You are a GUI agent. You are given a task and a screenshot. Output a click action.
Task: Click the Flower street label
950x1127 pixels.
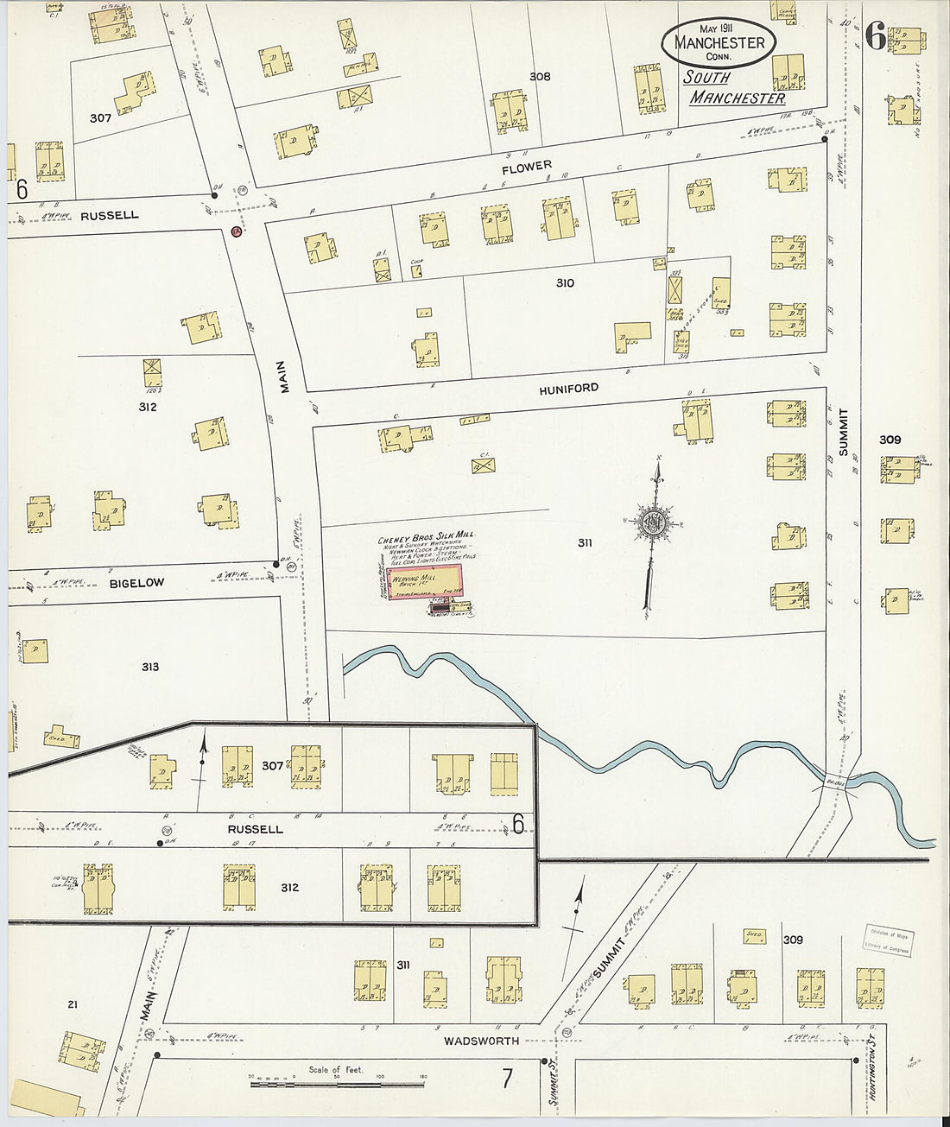(x=527, y=167)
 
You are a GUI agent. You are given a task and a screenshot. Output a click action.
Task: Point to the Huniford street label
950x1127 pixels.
(x=568, y=389)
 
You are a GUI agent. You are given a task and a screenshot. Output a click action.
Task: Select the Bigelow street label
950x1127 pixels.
(x=136, y=583)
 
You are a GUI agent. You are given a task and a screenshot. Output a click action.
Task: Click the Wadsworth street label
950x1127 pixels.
(x=481, y=1041)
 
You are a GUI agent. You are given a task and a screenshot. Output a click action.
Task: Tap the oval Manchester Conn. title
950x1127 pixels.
(x=719, y=42)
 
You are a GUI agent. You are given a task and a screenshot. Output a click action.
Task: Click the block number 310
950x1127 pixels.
(x=565, y=283)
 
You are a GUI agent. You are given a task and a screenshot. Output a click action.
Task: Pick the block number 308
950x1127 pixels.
(x=540, y=77)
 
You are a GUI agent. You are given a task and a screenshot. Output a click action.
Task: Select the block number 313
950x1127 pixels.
(x=150, y=667)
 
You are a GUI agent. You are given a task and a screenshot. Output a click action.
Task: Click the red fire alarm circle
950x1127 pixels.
(x=236, y=231)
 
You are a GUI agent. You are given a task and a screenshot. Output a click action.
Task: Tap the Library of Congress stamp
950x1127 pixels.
(x=890, y=940)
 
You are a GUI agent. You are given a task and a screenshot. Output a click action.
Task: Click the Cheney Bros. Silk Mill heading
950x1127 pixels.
(x=427, y=541)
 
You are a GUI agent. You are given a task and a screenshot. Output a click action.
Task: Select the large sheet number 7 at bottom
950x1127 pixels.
(x=508, y=1078)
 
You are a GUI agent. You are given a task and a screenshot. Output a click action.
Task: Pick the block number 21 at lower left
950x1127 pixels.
(x=73, y=1004)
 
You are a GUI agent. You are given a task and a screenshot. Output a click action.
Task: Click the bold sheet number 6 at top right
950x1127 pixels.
(x=876, y=36)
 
